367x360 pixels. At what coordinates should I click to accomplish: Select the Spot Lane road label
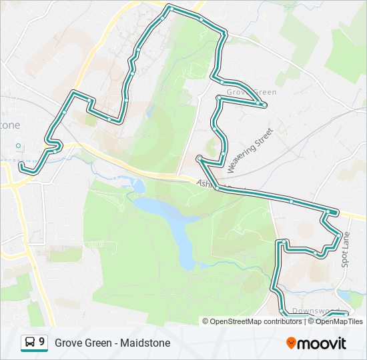tap(346, 249)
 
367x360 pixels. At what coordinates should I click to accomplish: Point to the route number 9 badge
tap(43, 343)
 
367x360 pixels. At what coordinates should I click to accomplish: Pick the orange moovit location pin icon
tap(291, 343)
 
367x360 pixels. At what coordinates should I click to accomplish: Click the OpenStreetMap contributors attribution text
tap(256, 321)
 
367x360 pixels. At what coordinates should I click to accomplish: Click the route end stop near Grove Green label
tap(264, 105)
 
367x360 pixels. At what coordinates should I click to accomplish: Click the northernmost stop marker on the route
tap(171, 8)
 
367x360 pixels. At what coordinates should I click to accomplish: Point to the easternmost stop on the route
tap(346, 313)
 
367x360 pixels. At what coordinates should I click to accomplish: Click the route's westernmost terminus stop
tap(21, 164)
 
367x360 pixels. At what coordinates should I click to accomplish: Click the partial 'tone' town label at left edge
tap(9, 125)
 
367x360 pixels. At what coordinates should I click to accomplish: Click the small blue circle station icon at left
tap(19, 146)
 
